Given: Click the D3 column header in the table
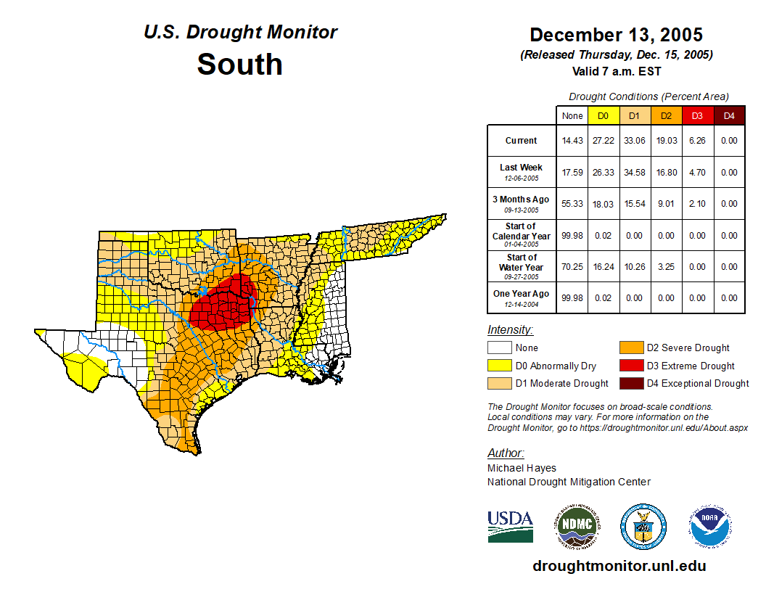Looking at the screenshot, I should click(697, 115).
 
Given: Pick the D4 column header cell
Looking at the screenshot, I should click(729, 115).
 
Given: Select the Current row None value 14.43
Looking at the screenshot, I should click(572, 141).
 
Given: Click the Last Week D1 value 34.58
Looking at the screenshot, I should click(634, 173).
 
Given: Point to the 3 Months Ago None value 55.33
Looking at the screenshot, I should click(572, 204).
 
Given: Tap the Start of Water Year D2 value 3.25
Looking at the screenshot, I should click(666, 267).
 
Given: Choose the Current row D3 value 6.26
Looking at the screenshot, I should click(697, 141).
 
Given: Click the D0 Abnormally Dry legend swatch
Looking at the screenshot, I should click(499, 366).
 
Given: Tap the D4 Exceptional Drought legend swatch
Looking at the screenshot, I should click(630, 383).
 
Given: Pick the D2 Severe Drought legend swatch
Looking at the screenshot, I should click(630, 348).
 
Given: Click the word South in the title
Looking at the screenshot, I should click(239, 64).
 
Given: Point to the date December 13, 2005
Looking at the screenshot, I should click(616, 35).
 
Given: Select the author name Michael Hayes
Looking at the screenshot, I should click(522, 468).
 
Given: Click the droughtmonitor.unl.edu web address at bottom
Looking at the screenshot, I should click(619, 566).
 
